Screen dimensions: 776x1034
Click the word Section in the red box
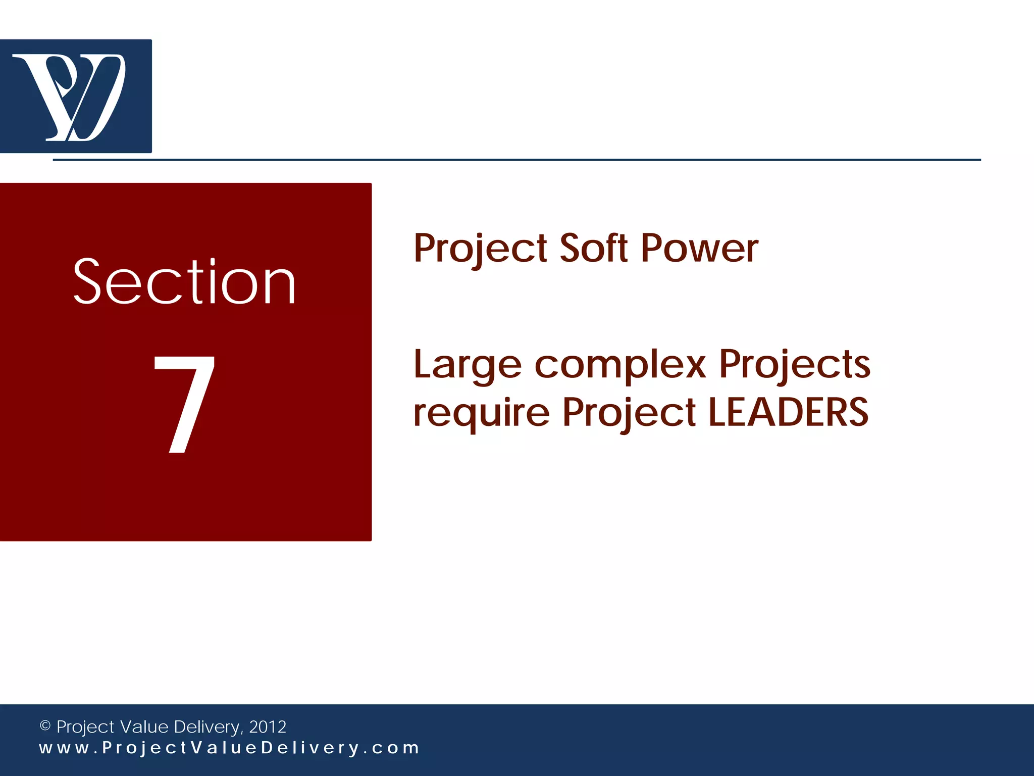(184, 282)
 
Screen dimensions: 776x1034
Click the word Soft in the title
(594, 248)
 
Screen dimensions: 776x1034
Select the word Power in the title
(699, 248)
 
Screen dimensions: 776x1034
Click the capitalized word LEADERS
(788, 412)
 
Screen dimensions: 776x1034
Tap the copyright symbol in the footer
(45, 726)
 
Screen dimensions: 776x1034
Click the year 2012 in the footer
(268, 727)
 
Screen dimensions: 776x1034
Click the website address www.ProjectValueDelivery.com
(229, 748)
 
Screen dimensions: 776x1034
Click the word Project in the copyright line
(85, 727)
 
